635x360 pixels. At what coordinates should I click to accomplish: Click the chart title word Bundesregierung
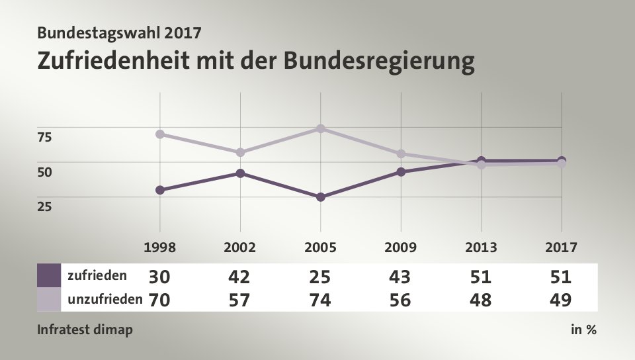coord(380,61)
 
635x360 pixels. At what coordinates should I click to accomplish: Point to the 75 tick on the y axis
coord(44,137)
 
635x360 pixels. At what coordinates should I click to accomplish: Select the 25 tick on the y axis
coord(44,206)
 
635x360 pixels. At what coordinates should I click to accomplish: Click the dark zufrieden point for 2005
coord(321,197)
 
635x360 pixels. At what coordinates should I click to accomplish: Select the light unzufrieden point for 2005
coord(321,128)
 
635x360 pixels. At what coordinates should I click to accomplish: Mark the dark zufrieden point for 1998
coord(159,190)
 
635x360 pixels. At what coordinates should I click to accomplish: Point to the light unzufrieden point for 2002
coord(240,152)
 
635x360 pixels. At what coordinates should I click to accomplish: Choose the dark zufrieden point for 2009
coord(401,172)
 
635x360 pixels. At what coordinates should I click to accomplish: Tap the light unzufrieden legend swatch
coord(49,299)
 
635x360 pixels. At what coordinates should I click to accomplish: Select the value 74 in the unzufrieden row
coord(321,300)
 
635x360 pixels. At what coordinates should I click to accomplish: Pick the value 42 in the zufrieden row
coord(240,276)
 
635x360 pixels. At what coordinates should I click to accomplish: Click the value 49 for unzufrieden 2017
coord(561,300)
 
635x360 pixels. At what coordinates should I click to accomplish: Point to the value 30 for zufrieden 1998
coord(159,276)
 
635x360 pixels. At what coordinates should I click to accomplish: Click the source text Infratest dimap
coord(85,329)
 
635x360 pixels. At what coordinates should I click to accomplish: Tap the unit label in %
coord(583,329)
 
